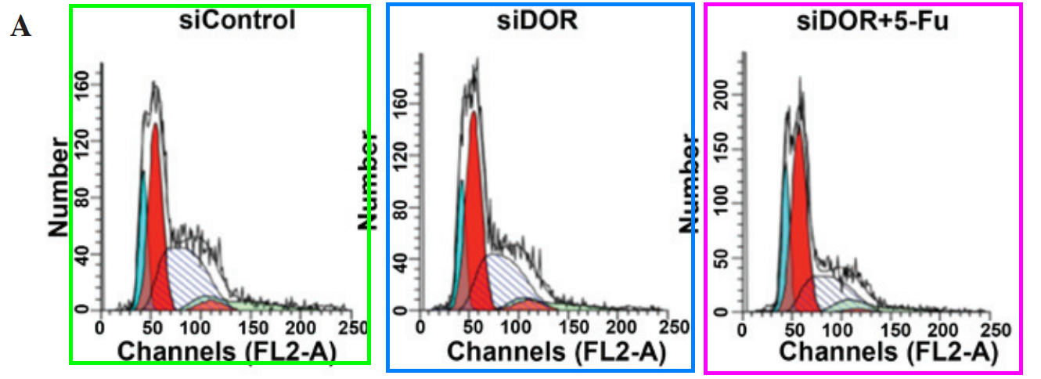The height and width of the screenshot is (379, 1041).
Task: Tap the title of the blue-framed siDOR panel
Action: click(x=539, y=22)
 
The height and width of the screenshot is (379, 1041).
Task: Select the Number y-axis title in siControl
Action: click(x=59, y=186)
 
